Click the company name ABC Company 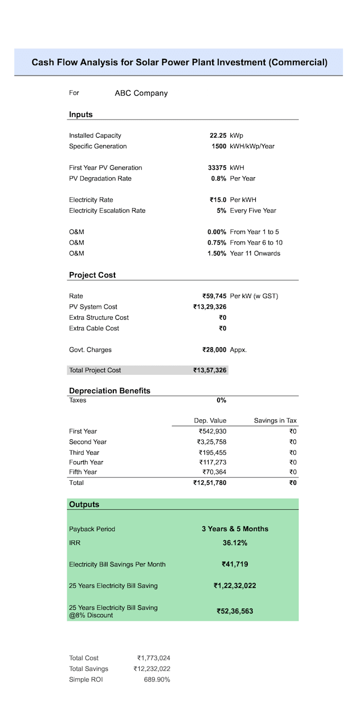coord(141,93)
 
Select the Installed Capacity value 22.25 coord(218,136)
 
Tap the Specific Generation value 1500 coord(219,146)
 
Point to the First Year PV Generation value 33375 coord(217,168)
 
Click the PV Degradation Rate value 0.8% coord(219,178)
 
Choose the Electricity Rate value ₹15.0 coord(218,200)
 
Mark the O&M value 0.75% coord(217,242)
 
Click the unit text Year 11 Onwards coord(255,253)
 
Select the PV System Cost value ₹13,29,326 coord(210,307)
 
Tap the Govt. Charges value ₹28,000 coord(214,350)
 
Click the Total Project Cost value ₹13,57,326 coord(210,371)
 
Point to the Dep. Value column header coord(210,420)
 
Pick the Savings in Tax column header coord(275,420)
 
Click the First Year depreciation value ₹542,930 coord(212,431)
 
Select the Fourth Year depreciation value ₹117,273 coord(212,462)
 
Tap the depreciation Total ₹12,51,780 coord(210,483)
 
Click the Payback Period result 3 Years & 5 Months coord(235,529)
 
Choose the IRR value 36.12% coord(235,543)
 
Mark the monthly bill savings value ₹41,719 coord(235,564)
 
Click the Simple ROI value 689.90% coord(157,680)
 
